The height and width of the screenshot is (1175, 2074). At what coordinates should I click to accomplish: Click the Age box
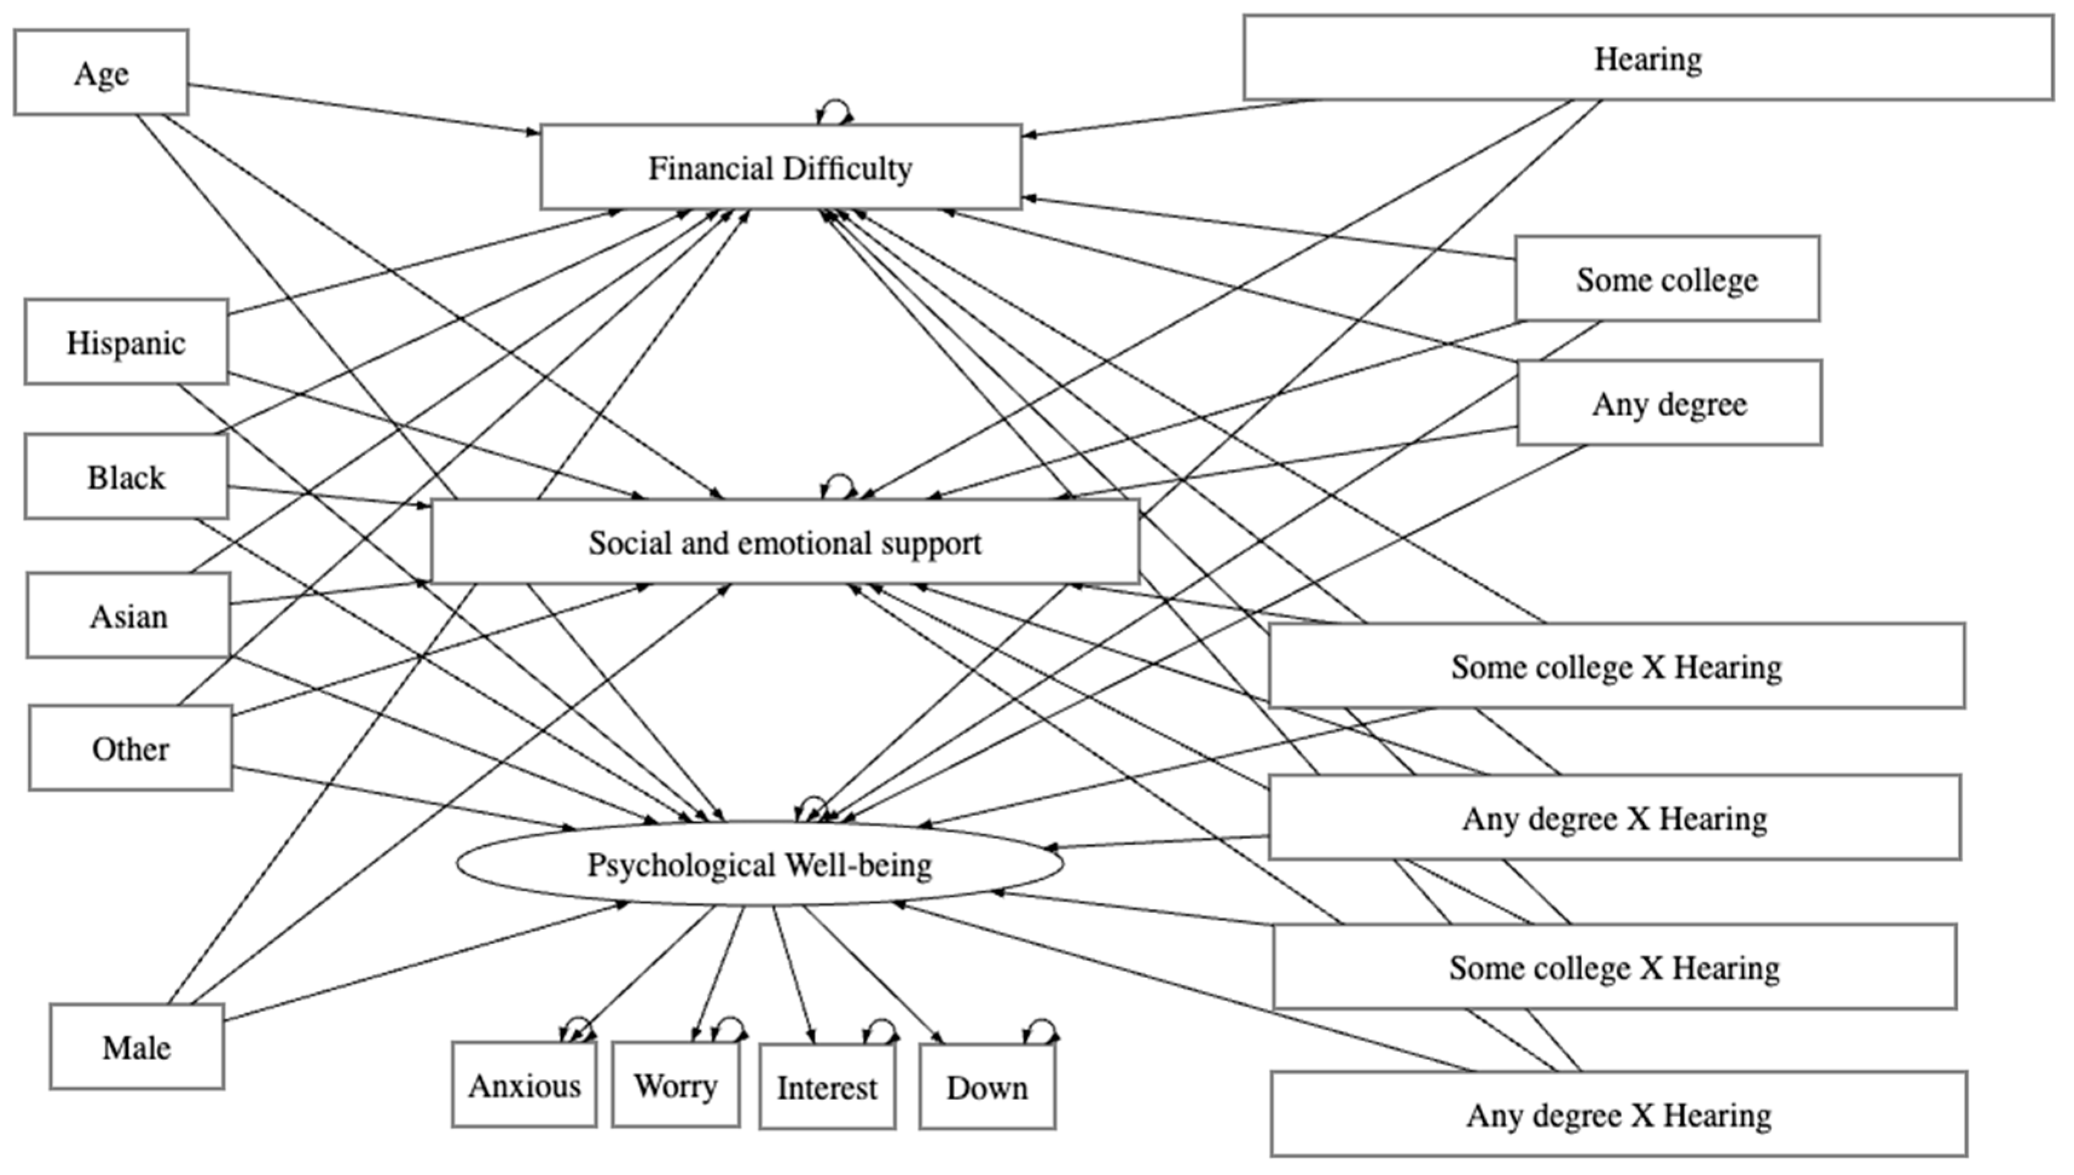tap(101, 72)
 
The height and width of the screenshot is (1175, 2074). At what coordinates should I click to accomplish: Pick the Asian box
tap(128, 616)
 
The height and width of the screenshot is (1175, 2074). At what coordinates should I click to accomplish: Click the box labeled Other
tap(130, 748)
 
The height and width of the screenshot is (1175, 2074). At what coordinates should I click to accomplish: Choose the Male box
tap(137, 1047)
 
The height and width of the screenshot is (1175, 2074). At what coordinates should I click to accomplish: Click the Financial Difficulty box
tap(781, 167)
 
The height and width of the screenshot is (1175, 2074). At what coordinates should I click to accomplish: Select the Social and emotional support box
tap(785, 541)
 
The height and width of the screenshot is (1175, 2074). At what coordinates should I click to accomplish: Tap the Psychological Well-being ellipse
tap(760, 863)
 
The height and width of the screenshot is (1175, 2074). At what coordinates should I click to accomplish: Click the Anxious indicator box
tap(524, 1084)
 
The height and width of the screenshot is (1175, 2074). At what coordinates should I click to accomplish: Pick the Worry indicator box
tap(675, 1084)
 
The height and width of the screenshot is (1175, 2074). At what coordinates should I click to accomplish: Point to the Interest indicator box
tap(827, 1086)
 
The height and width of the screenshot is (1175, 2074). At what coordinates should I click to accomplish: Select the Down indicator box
tap(987, 1086)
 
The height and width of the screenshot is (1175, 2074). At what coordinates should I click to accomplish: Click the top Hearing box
tap(1649, 58)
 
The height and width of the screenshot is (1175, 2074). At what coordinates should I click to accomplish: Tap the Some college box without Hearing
tap(1667, 279)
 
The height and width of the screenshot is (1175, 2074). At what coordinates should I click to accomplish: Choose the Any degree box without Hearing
tap(1670, 404)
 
